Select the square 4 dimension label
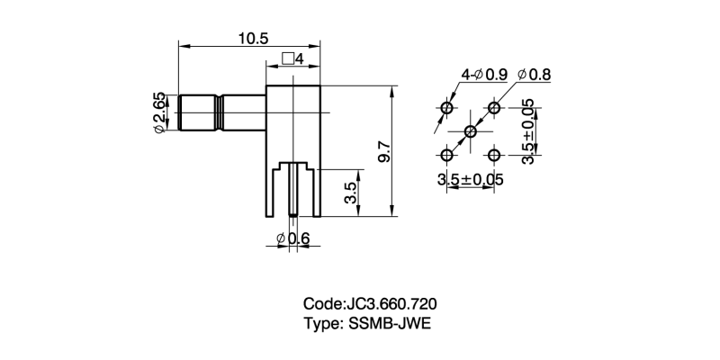point(293,59)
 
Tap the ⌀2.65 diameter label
point(159,113)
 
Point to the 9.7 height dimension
point(384,149)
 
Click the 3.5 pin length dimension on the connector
point(352,192)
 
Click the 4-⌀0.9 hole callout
point(484,74)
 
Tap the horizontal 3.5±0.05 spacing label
point(470,180)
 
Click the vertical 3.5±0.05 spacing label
point(527,131)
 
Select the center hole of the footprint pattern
point(470,132)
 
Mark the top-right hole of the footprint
point(493,109)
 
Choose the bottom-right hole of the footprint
point(493,156)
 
